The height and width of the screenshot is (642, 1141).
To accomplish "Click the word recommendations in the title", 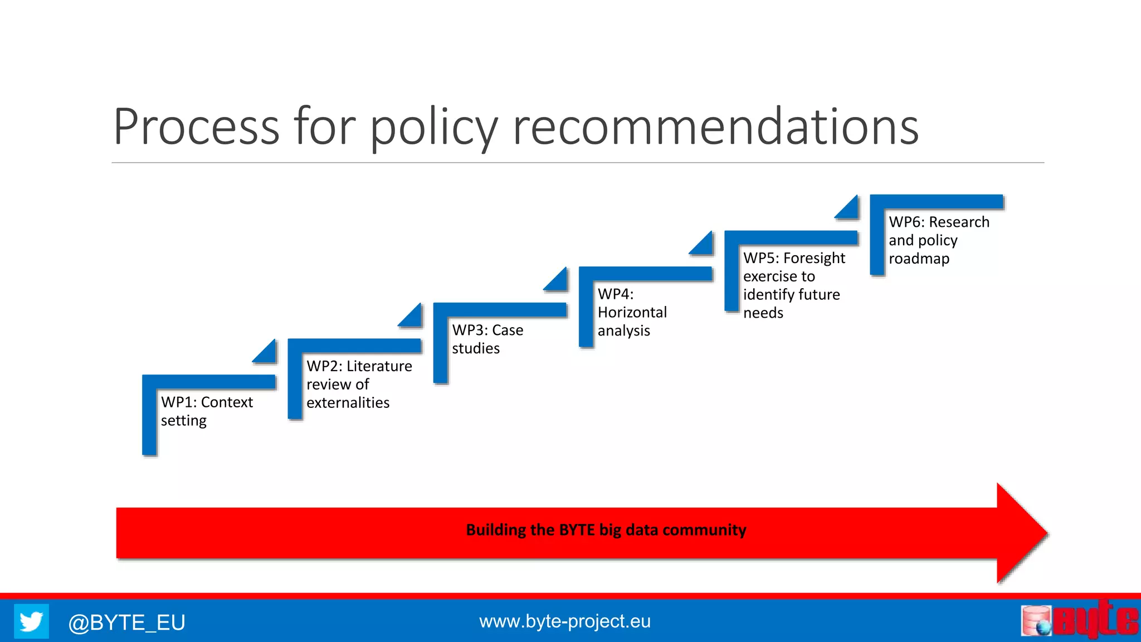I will pos(715,127).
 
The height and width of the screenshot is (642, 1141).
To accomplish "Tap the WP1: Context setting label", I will pos(207,411).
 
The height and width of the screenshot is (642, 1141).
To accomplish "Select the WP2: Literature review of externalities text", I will pos(359,385).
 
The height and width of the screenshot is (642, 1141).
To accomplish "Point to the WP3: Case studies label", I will pos(487,339).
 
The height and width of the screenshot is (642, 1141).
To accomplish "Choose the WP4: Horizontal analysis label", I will pos(632,312).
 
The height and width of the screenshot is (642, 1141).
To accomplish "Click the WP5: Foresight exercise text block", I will pos(793,285).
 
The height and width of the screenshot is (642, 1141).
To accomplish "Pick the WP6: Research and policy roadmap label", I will pos(939,240).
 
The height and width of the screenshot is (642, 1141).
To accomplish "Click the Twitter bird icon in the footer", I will pos(31,621).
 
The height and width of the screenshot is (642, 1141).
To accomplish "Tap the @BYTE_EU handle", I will pos(126,622).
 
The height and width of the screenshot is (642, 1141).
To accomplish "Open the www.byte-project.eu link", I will pos(564,621).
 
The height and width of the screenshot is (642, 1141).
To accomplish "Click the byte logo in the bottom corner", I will pos(1079,620).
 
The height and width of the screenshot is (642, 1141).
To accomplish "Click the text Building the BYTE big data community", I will pos(606,529).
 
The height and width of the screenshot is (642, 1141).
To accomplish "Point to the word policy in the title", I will pos(433,127).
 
